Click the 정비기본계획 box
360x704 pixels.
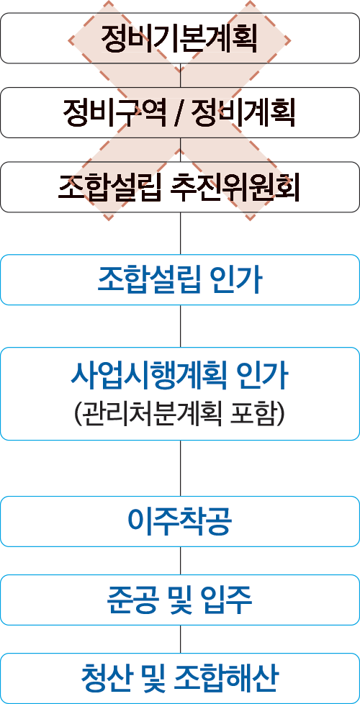180,38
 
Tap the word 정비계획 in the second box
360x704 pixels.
243,113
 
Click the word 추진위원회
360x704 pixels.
235,187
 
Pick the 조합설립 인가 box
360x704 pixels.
180,280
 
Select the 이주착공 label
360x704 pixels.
180,521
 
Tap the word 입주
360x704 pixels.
227,600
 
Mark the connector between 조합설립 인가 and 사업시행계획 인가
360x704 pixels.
180,326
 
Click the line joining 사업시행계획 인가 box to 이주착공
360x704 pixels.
180,469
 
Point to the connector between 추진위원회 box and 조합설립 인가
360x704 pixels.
180,233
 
